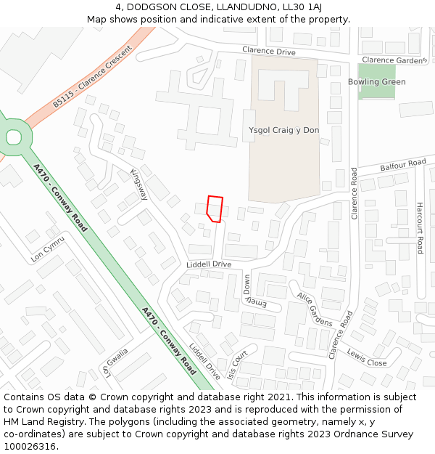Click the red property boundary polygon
click(x=215, y=208)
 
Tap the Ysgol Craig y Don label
click(x=283, y=130)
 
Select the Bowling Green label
click(x=377, y=82)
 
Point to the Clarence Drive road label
click(x=269, y=52)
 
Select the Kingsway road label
click(x=138, y=185)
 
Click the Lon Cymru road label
click(x=48, y=248)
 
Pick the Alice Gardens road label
click(x=314, y=309)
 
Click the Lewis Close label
click(x=367, y=357)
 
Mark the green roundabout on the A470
click(x=13, y=136)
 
